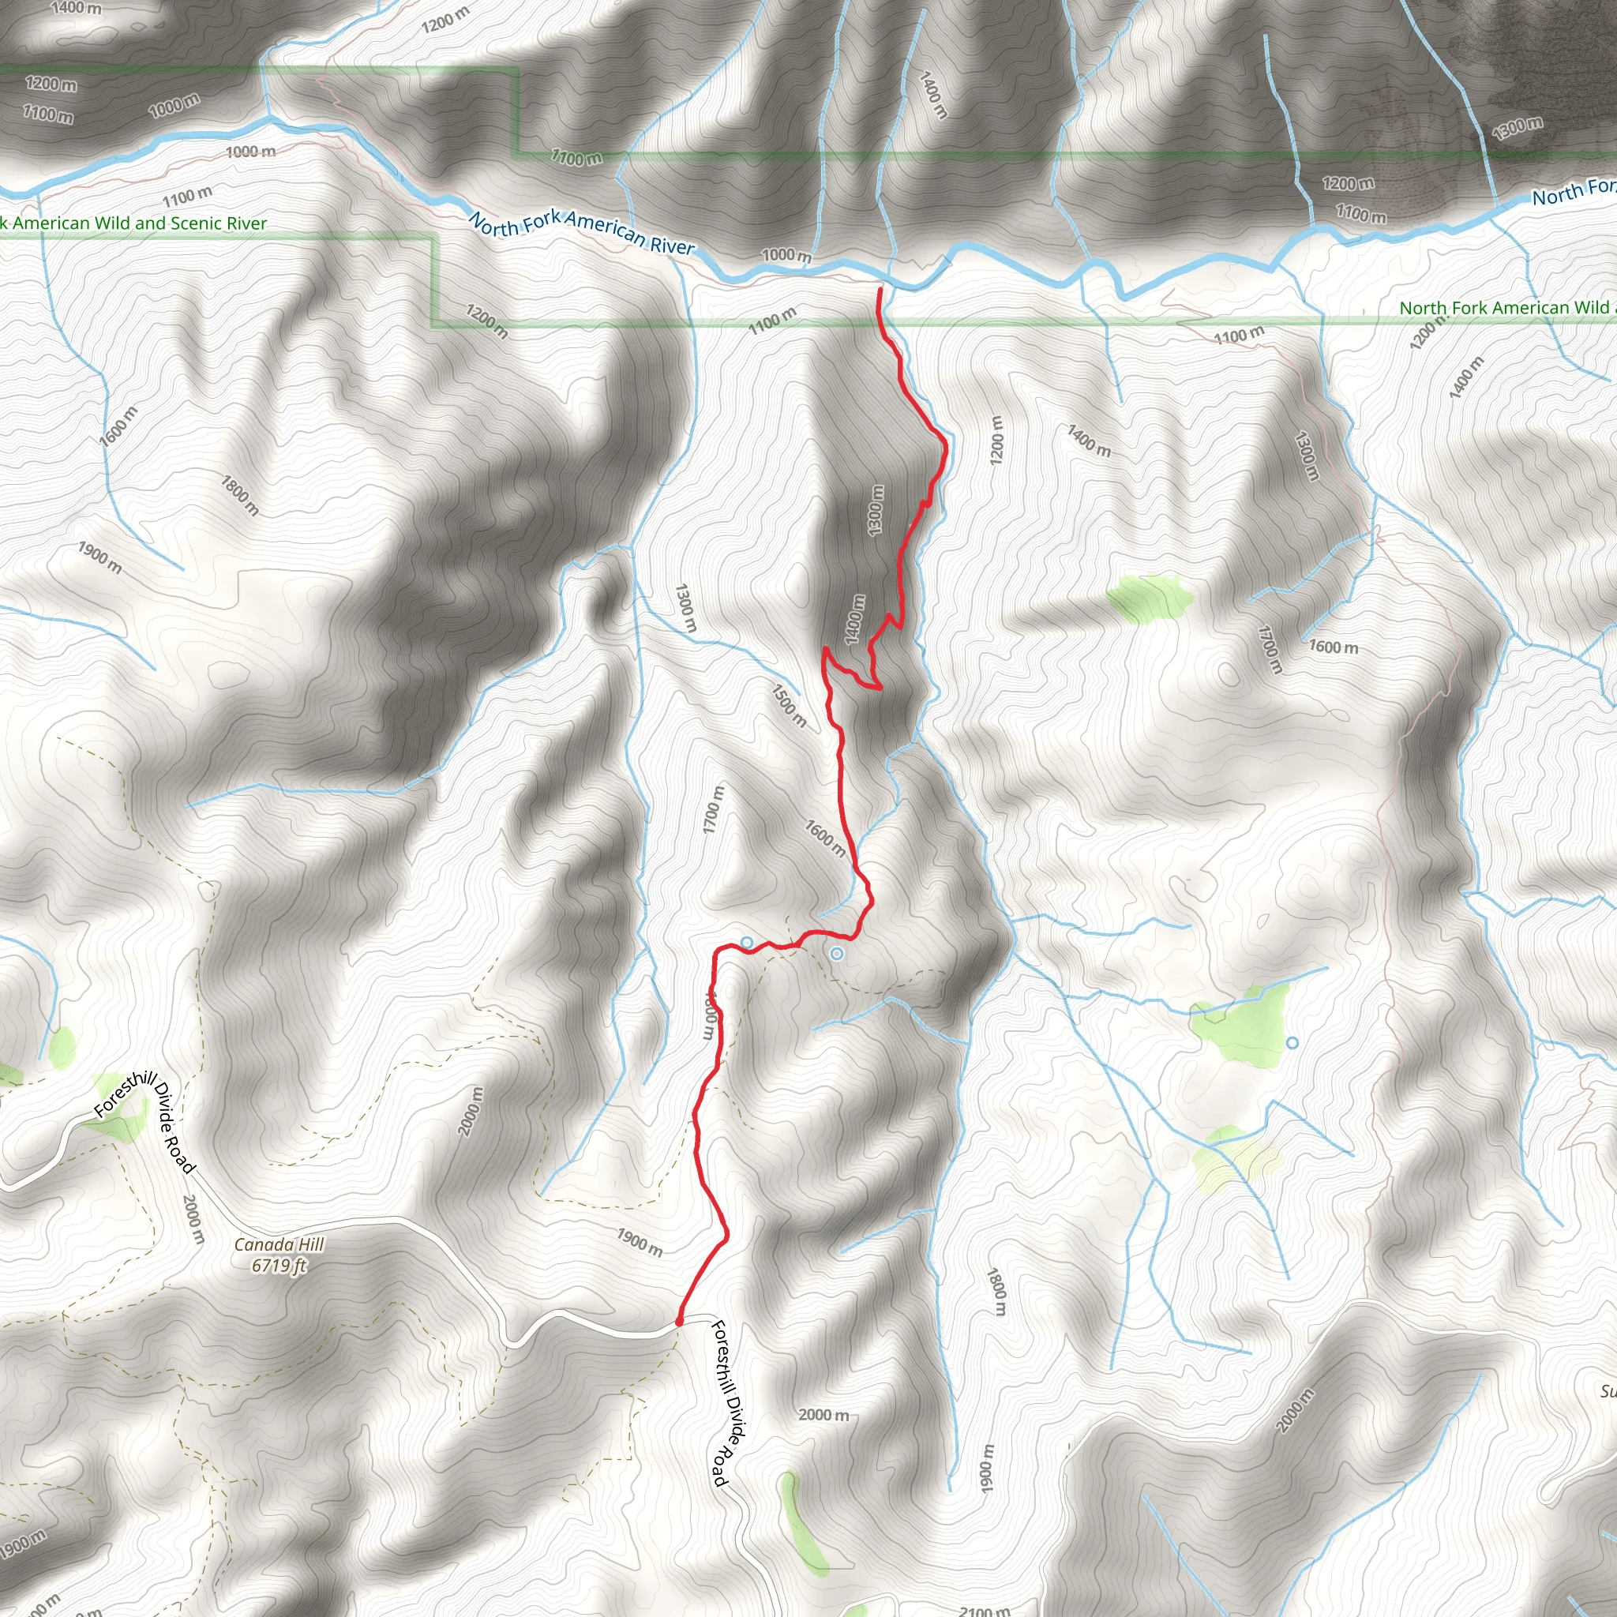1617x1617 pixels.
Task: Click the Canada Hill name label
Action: point(279,1244)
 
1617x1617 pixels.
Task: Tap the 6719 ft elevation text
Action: point(279,1265)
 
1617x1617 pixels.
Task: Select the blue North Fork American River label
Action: point(582,232)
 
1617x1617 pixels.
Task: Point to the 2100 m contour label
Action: point(985,1609)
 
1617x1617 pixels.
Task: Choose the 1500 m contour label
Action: point(790,706)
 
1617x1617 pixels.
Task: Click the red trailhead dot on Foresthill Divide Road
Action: point(679,1322)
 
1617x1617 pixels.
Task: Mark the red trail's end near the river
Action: point(880,290)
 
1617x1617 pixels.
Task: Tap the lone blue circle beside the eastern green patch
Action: point(1292,1043)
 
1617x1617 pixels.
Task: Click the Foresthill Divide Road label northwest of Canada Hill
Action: point(144,1124)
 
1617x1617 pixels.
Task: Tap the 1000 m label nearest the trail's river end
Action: point(786,254)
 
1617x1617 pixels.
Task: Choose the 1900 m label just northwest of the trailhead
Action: point(640,1242)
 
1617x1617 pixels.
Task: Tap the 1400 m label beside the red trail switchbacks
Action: point(854,619)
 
